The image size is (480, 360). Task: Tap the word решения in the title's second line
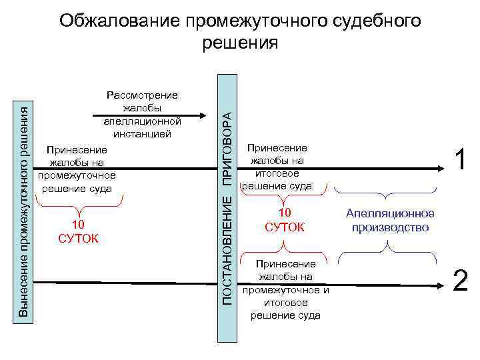pos(239,43)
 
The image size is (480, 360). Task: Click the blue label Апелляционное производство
pos(390,220)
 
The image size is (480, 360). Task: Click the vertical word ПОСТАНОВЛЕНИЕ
pos(227,250)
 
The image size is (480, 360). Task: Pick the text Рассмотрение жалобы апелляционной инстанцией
pos(143,115)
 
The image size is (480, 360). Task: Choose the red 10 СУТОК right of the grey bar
pos(285,220)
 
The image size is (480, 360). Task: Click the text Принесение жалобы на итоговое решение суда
pos(277,167)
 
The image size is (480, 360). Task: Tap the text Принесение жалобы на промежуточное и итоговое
pos(286,289)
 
